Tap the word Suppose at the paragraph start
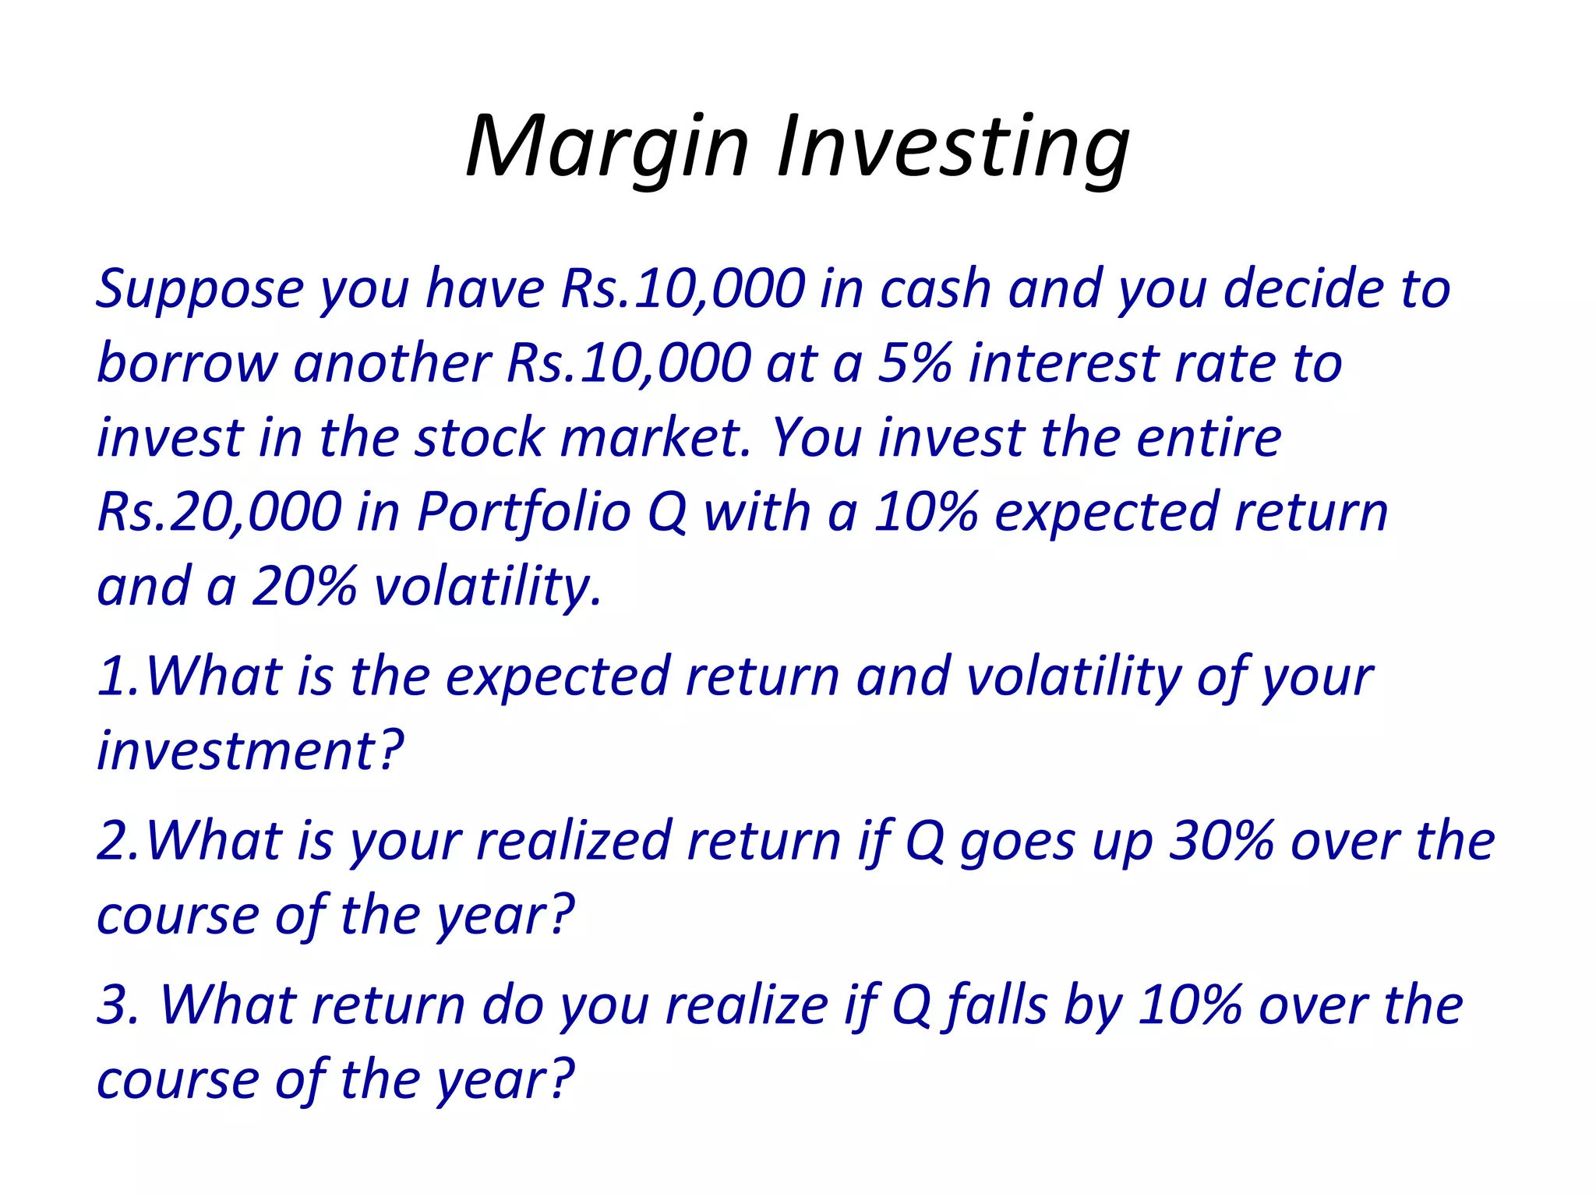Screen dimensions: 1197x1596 point(199,290)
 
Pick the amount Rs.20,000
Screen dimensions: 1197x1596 point(219,513)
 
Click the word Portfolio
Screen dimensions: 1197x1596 point(524,513)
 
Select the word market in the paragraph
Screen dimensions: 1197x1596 point(655,438)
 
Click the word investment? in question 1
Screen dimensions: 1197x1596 point(250,750)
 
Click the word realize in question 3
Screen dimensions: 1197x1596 point(747,1005)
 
